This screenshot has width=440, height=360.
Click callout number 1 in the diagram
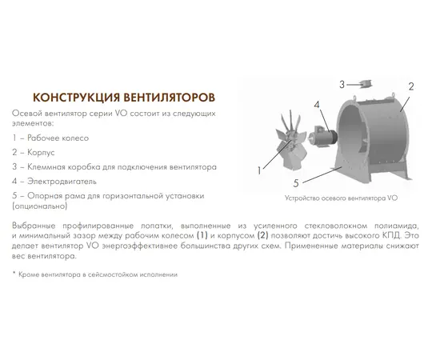coord(258,170)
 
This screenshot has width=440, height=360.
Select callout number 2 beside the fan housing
coord(410,86)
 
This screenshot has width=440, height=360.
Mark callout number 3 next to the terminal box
coord(342,84)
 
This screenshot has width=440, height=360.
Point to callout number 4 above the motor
coord(316,104)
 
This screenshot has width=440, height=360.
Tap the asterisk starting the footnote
coord(14,274)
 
